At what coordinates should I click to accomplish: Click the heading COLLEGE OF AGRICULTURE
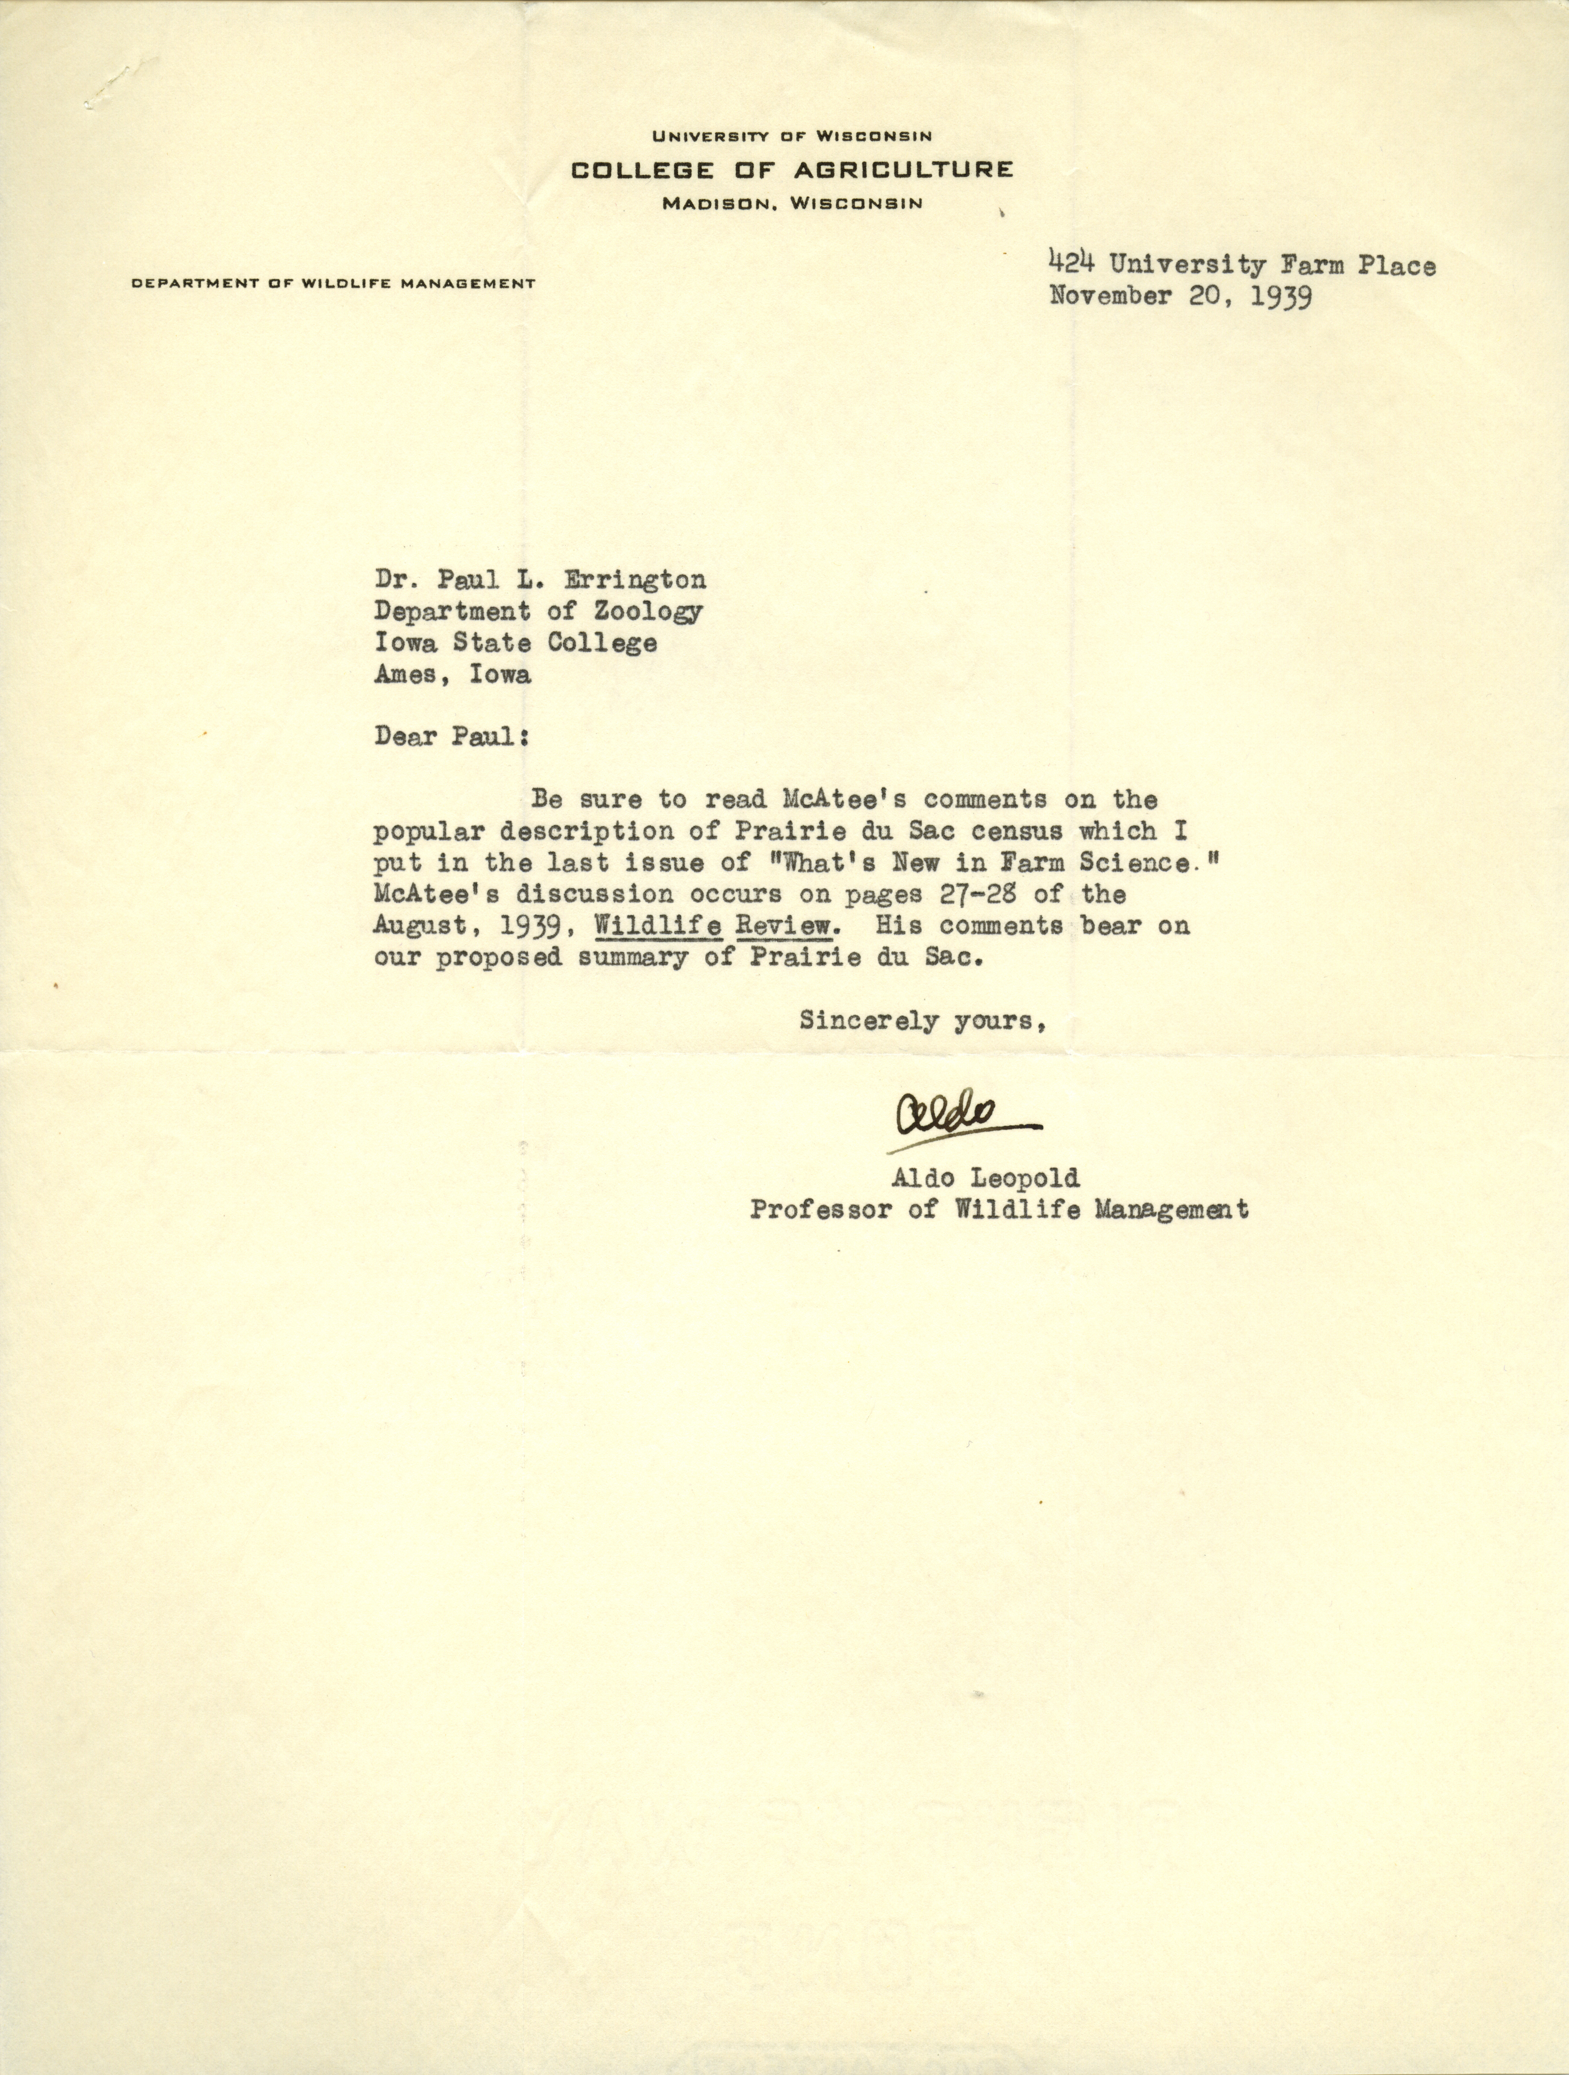(792, 170)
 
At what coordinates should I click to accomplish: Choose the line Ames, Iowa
(452, 674)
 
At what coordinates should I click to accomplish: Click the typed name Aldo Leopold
(984, 1177)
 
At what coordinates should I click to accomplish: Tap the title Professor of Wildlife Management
(998, 1210)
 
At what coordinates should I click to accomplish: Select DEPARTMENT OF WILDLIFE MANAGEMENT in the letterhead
(333, 283)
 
